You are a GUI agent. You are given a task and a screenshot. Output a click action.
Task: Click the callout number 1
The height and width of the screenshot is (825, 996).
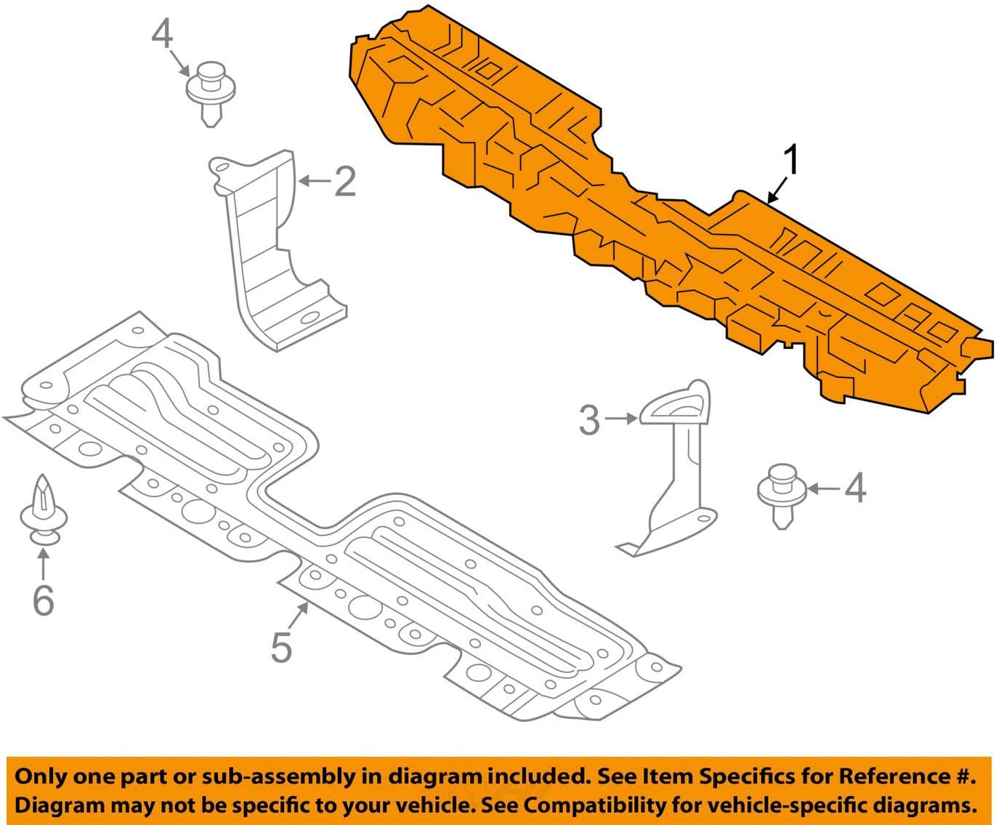(x=791, y=160)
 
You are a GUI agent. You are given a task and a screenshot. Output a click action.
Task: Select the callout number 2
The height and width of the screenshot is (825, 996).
(x=345, y=181)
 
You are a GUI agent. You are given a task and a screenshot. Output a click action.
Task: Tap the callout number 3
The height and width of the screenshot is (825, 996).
(x=589, y=420)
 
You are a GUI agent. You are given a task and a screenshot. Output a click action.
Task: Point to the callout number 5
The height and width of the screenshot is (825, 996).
(x=281, y=646)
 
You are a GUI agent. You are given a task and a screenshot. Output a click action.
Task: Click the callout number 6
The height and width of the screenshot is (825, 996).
(x=44, y=600)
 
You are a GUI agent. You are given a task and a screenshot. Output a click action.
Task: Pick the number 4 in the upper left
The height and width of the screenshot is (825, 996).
(x=163, y=34)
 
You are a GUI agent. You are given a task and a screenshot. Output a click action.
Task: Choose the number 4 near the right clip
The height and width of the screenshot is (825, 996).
(x=855, y=488)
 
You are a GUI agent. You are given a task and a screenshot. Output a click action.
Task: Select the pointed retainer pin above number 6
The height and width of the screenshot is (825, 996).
(x=44, y=509)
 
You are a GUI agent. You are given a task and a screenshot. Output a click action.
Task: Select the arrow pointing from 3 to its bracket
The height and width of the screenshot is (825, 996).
(x=621, y=419)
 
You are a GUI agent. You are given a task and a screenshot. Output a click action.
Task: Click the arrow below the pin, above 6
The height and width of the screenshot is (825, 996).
(x=44, y=563)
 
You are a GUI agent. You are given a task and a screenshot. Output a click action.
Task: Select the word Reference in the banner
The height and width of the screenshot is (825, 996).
(x=893, y=776)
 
